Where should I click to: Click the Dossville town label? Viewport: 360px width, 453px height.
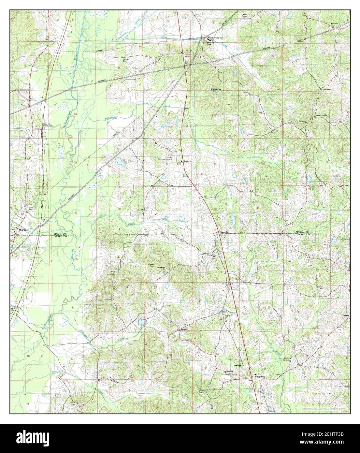tap(224, 232)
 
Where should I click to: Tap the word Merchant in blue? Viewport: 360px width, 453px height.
tap(59, 371)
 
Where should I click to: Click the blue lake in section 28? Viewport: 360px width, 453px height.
tap(120, 161)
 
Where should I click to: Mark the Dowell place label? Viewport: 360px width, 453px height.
tap(184, 330)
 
